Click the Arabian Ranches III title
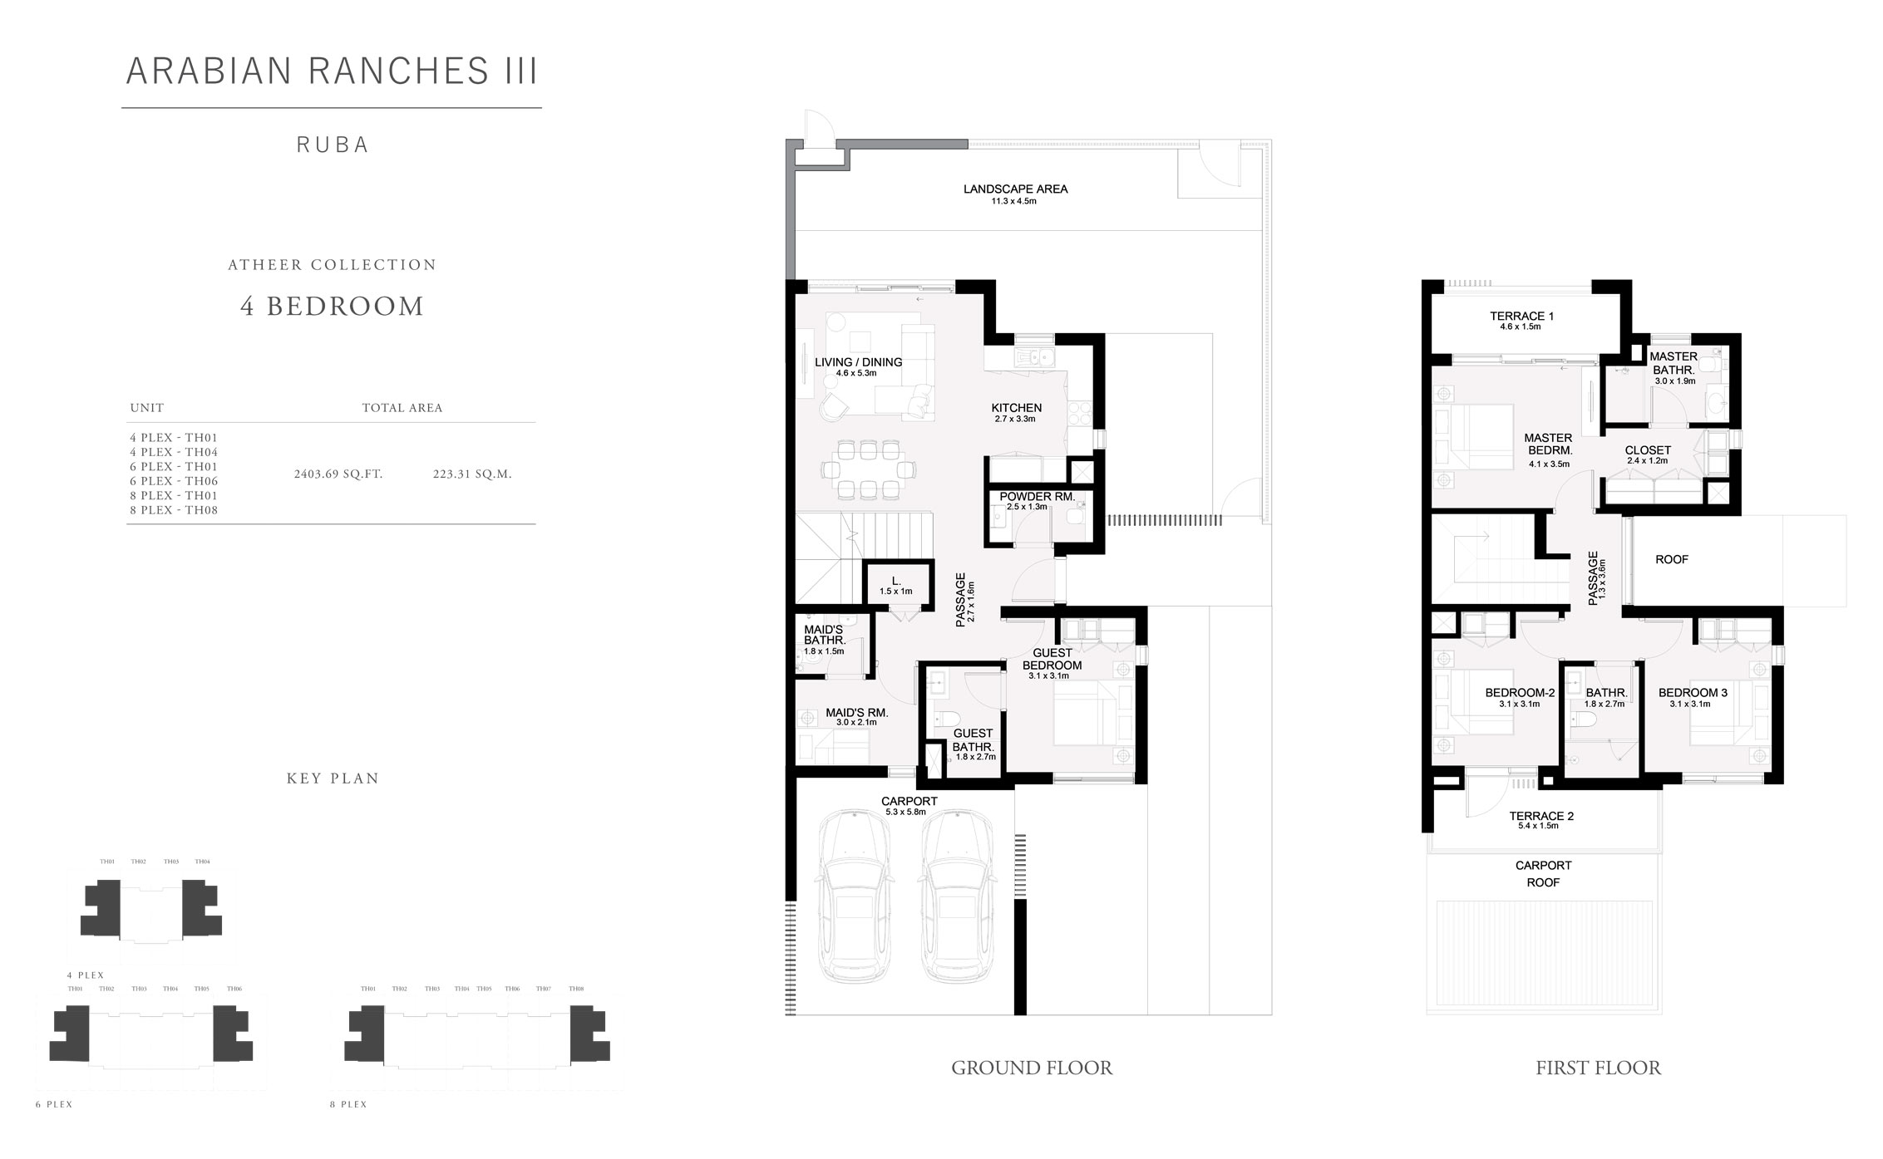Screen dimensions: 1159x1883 pos(332,71)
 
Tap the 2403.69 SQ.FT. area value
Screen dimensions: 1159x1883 pos(338,474)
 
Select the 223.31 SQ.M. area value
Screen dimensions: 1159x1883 pos(472,474)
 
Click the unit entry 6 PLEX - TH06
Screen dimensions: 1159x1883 pos(174,481)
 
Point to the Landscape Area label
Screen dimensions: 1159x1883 pos(1015,189)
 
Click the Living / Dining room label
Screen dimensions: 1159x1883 pos(858,362)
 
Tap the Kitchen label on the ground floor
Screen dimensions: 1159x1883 pos(1016,408)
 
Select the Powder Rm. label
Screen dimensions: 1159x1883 pos(1037,497)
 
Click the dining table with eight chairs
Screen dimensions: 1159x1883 pos(868,469)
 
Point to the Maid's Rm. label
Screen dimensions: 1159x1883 pos(856,713)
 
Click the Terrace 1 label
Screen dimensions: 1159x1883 pos(1521,317)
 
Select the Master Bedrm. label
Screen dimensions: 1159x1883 pos(1548,444)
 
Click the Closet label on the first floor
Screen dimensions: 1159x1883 pos(1648,450)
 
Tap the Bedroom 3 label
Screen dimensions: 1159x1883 pos(1693,693)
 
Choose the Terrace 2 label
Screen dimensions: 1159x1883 pos(1541,816)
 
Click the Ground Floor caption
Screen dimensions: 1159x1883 pos(1032,1068)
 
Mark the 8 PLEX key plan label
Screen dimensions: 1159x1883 pos(348,1104)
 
